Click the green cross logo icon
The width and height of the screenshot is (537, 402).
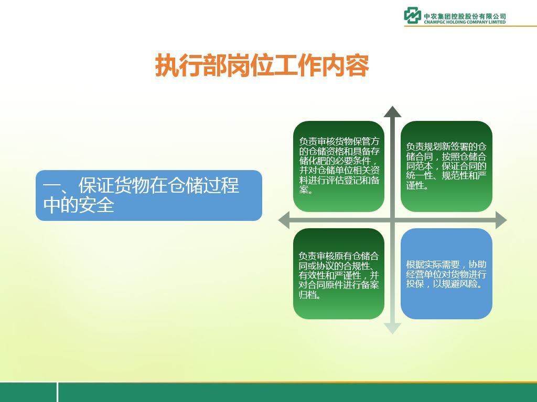coord(412,15)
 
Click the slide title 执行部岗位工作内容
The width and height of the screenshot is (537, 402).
coord(262,65)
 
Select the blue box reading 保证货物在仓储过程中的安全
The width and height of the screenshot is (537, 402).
coord(149,195)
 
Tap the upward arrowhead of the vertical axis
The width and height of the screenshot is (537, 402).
coord(392,112)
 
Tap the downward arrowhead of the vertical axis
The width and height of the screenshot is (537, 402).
coord(392,328)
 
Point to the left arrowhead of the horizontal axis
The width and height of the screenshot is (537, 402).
coord(284,220)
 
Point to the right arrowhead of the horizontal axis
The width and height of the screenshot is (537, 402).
coord(501,220)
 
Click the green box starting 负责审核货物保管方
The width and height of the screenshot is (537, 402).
coord(339,166)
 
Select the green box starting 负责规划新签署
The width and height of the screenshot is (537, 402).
coord(446,166)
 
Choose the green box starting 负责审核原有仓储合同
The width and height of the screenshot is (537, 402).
coord(339,274)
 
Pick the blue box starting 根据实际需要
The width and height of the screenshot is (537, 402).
coord(446,274)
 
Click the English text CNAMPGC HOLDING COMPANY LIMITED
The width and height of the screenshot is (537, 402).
coord(465,22)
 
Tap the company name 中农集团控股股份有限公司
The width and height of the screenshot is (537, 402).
coord(465,16)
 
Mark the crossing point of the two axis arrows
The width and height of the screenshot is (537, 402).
coord(392,220)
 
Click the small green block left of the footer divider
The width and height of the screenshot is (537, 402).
coord(28,392)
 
